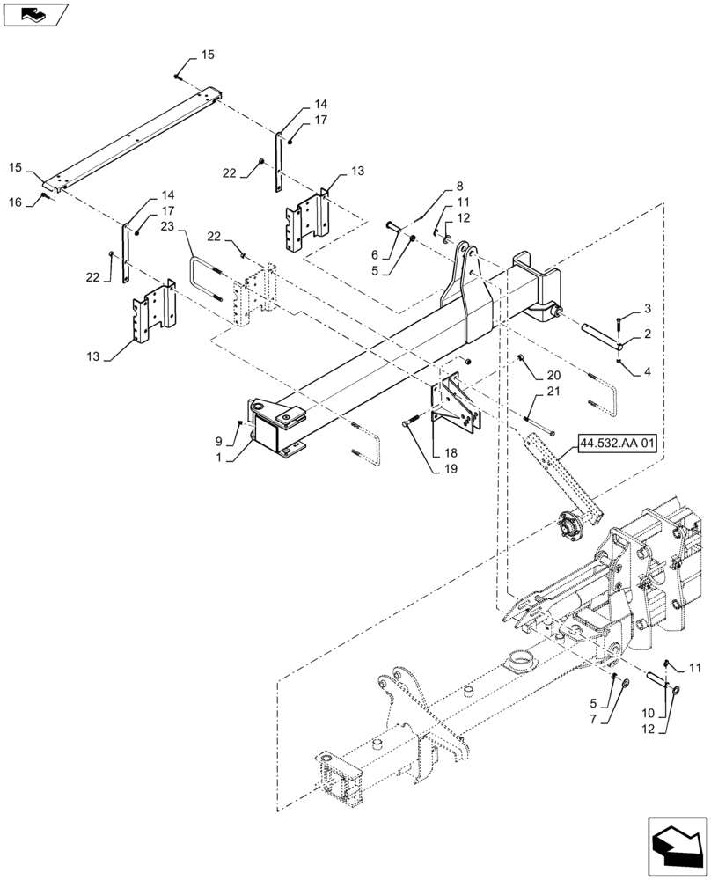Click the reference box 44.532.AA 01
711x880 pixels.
point(618,443)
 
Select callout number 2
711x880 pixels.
point(648,308)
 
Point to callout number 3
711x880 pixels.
point(648,371)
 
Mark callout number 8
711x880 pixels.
point(458,187)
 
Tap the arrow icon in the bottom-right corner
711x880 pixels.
point(678,847)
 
